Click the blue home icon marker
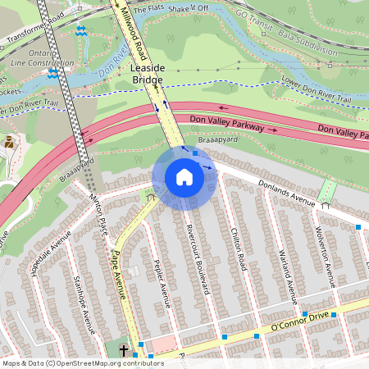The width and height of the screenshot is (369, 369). (184, 177)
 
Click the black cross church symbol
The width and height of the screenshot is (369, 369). (124, 351)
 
